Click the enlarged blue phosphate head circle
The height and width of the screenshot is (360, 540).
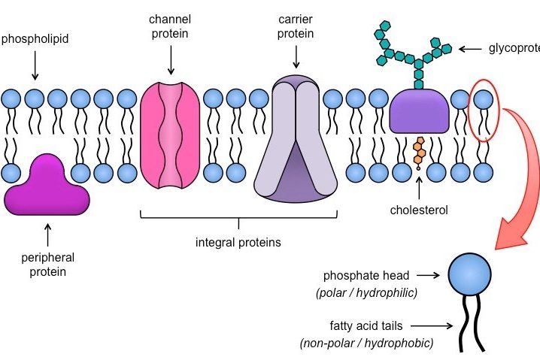click(x=470, y=277)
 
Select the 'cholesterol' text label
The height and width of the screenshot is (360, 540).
click(x=419, y=210)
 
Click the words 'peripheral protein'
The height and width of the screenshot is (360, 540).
click(x=47, y=264)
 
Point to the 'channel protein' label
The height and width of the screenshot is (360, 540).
click(x=170, y=26)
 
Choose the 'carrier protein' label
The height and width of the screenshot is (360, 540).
click(x=295, y=26)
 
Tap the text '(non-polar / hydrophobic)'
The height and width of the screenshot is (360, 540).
click(x=367, y=343)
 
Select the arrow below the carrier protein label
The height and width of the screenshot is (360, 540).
click(x=296, y=56)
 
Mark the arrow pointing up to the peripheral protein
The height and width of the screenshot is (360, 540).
click(x=47, y=234)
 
